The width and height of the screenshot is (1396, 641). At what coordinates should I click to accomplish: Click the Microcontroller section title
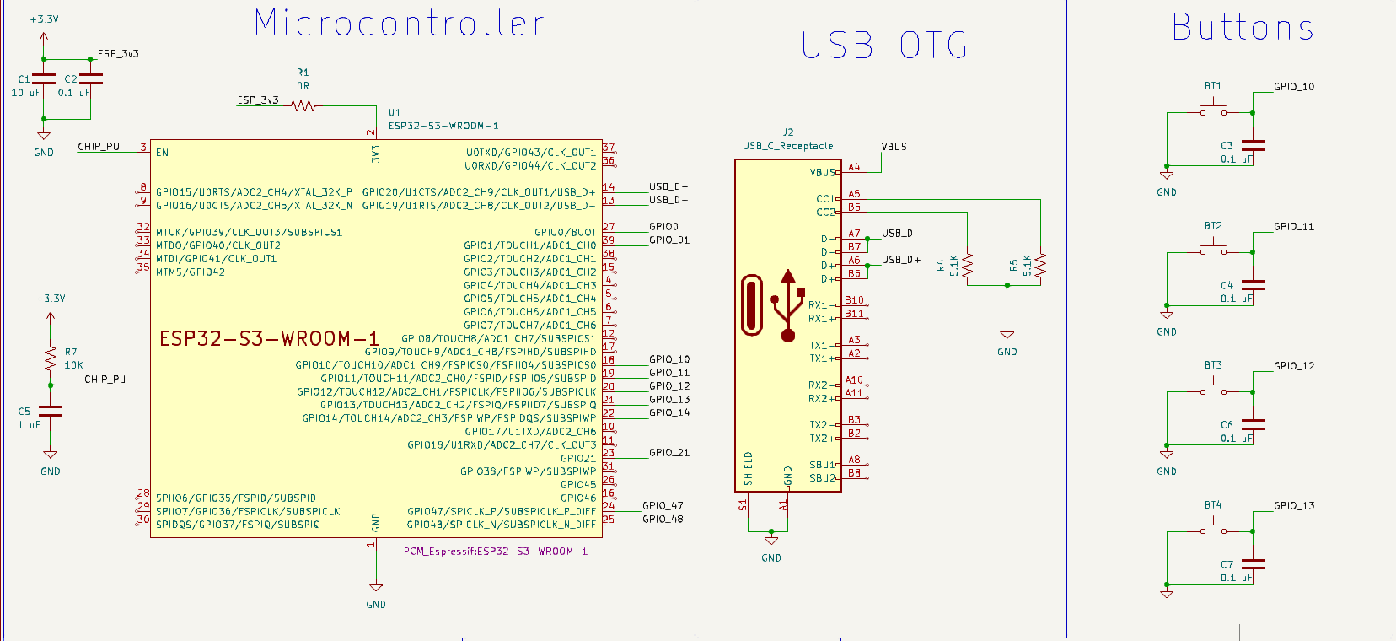399,24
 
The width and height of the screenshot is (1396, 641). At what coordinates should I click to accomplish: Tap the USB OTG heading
883,46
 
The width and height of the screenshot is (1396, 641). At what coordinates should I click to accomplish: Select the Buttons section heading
1243,28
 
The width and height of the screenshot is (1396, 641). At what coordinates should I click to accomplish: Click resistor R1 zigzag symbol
303,106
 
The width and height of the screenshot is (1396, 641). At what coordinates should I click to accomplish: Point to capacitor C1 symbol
44,79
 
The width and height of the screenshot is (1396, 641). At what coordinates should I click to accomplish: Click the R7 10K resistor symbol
51,358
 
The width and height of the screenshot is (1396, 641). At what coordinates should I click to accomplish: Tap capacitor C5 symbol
51,412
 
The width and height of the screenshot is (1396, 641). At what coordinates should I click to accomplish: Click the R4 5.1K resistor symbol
967,266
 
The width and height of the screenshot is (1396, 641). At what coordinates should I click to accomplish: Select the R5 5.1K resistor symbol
1040,266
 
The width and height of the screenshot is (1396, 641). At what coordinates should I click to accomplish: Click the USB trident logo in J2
787,305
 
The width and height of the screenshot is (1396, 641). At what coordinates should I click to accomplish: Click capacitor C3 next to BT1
1253,146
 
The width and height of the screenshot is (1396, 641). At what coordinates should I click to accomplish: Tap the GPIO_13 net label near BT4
1293,506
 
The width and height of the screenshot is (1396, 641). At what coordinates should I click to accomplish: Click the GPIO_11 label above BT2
1293,227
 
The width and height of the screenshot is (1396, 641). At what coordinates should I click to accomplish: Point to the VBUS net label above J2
894,147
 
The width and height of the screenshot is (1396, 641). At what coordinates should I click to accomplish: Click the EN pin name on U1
162,153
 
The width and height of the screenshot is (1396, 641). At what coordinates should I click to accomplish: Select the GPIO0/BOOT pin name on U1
565,233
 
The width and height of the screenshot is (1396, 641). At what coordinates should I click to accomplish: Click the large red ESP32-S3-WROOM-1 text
270,339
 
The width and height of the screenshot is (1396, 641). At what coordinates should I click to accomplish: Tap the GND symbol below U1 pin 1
376,589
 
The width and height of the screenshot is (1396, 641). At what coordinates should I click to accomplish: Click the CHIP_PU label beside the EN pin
99,147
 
